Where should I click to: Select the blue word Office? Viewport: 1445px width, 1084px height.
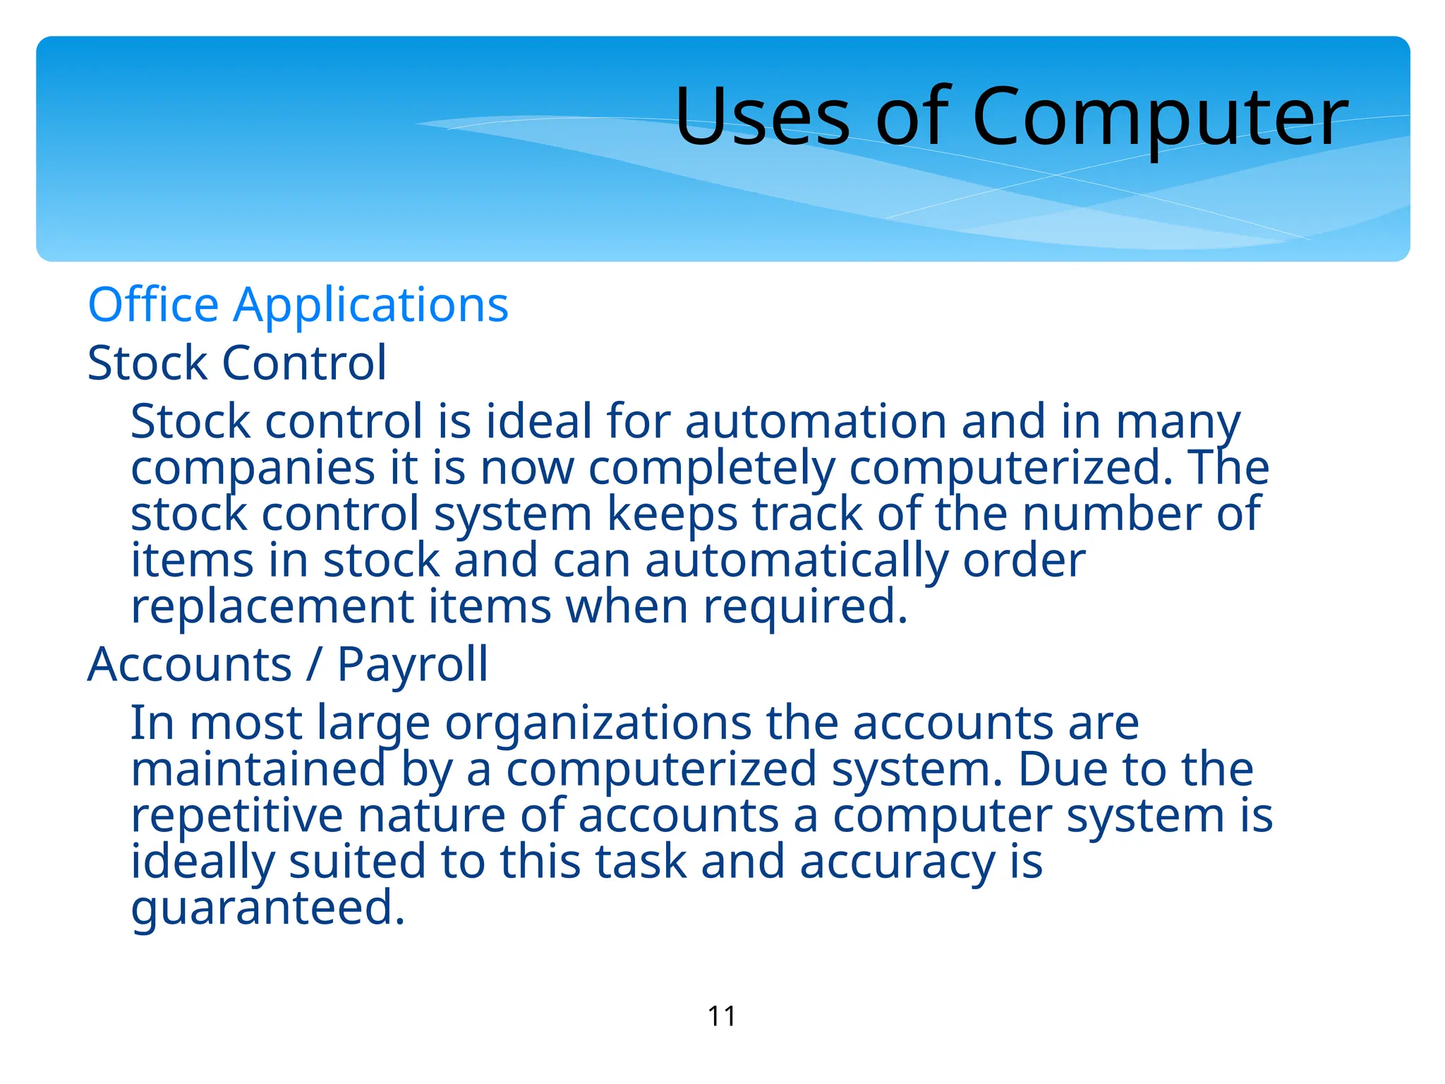click(153, 305)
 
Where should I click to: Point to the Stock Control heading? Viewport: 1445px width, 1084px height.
click(237, 363)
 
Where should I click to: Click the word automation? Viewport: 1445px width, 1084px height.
click(815, 421)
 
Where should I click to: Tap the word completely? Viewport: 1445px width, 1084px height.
click(711, 469)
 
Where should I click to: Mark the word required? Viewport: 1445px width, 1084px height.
click(805, 607)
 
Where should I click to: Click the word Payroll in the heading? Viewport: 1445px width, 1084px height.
click(413, 665)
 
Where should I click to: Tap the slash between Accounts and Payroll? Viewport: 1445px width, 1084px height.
click(314, 665)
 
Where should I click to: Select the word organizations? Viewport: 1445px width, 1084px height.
click(598, 723)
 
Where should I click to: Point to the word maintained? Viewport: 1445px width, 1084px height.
click(258, 769)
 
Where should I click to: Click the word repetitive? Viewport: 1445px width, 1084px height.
click(237, 815)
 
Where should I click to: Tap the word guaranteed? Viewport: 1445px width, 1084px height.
click(268, 908)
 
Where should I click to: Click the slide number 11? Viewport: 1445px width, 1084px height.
click(722, 1016)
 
